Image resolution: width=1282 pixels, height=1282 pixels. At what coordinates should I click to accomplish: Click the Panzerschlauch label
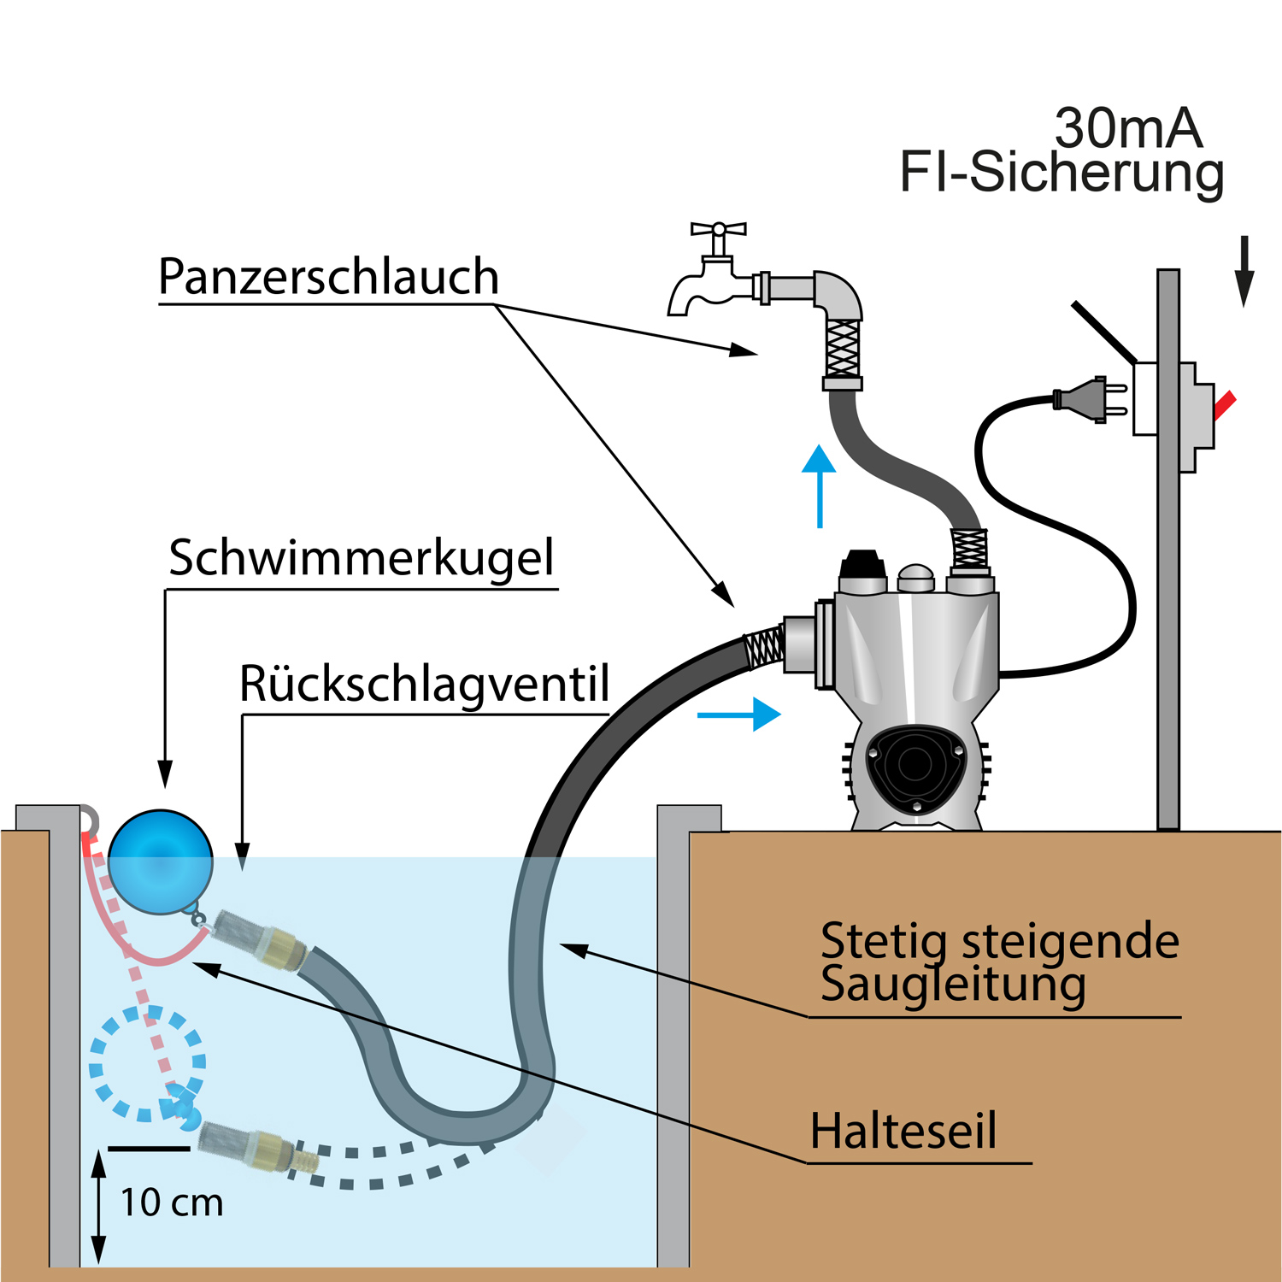point(328,278)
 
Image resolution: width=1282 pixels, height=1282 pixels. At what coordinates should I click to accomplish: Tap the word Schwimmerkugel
point(361,559)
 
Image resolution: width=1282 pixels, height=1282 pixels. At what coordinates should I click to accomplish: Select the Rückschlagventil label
point(424,685)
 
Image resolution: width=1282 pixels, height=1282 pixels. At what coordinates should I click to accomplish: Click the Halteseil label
point(903,1132)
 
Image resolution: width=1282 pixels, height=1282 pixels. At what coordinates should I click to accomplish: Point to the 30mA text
point(1128,129)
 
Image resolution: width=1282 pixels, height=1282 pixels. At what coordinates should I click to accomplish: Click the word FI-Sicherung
point(1061,173)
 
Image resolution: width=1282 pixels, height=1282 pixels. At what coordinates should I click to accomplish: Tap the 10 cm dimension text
point(172,1203)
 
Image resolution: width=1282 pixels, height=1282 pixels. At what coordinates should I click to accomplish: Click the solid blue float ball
point(161,862)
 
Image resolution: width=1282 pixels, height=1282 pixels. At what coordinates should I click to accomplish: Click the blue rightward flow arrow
point(740,715)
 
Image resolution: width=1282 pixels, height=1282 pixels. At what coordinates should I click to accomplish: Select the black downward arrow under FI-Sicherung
point(1244,270)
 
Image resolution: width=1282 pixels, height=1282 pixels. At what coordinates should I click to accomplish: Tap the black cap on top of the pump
point(862,566)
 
